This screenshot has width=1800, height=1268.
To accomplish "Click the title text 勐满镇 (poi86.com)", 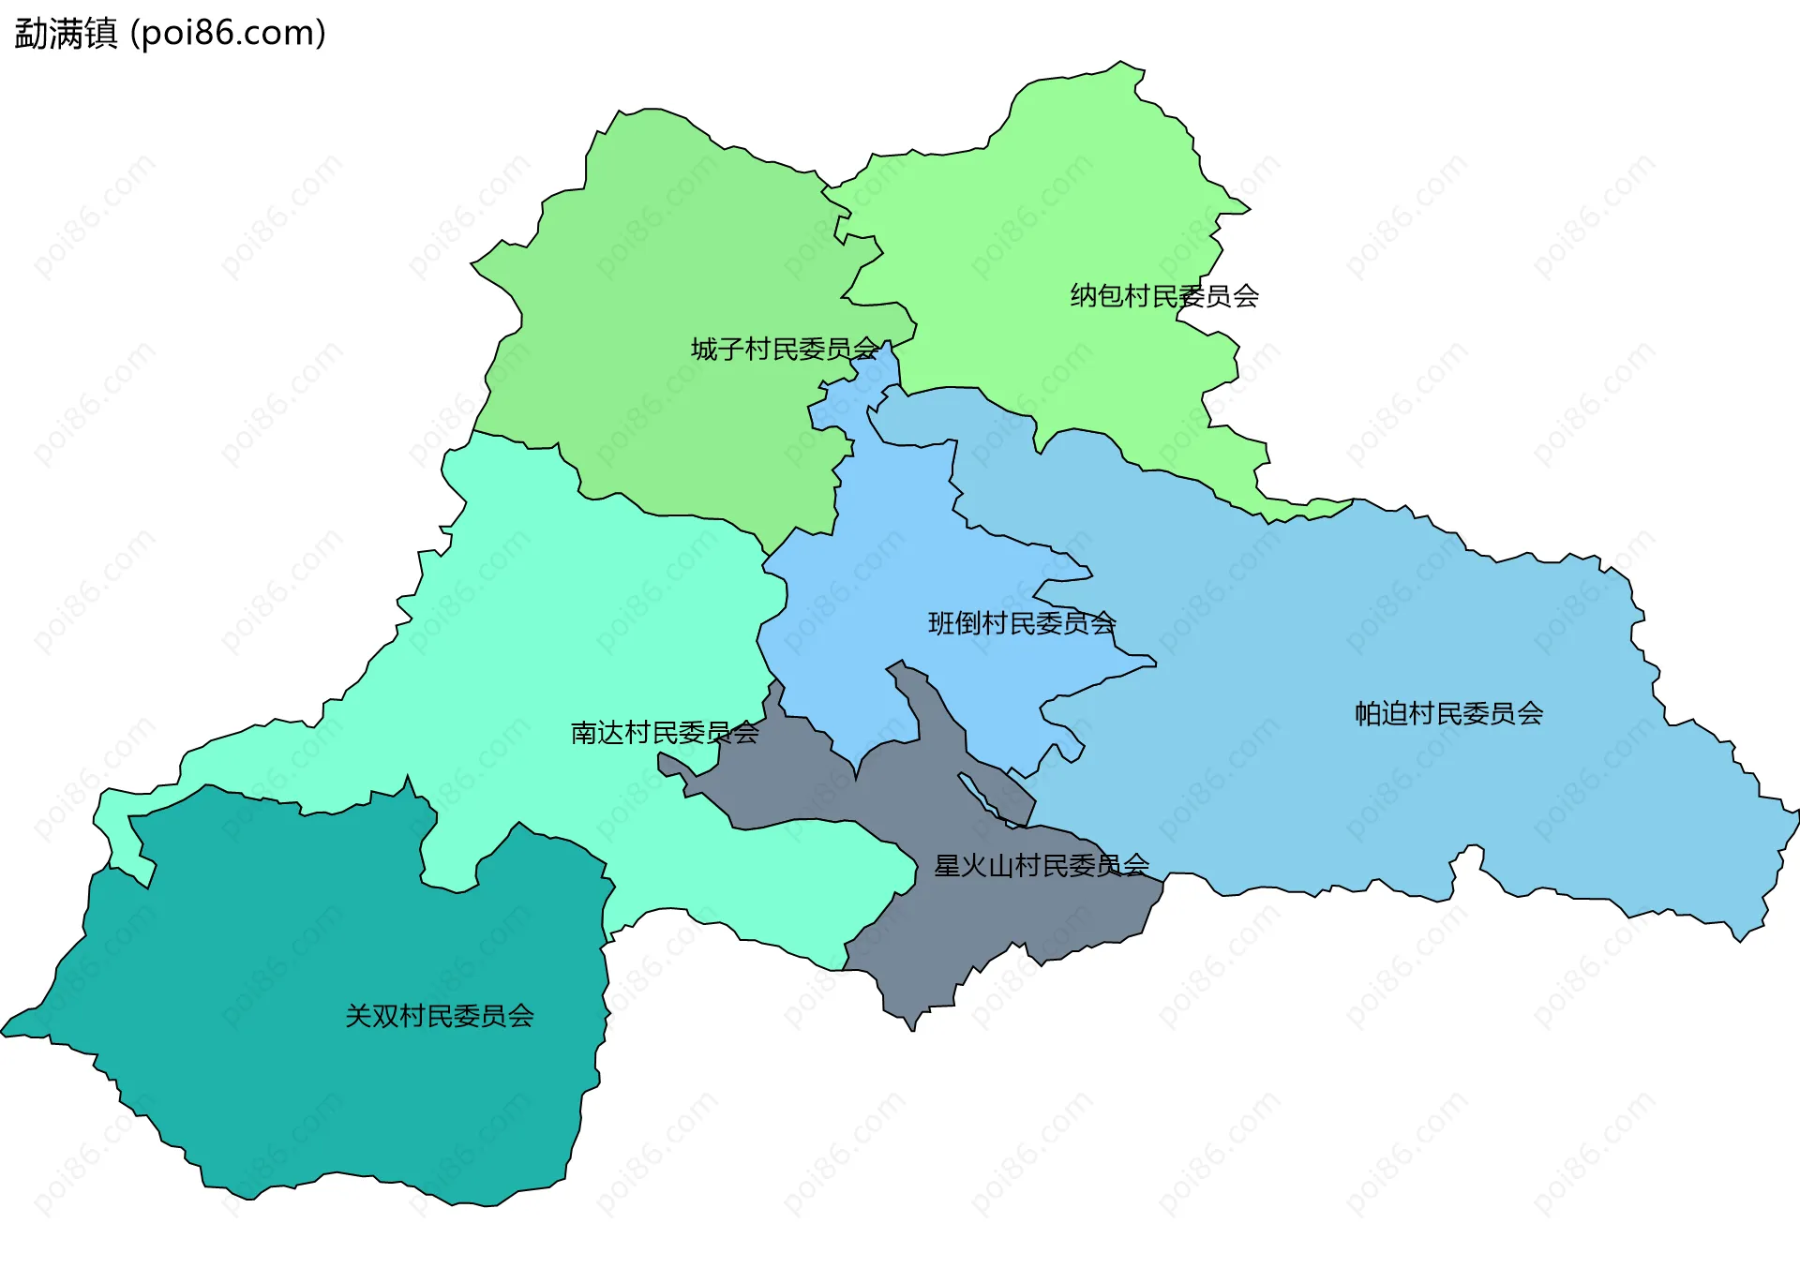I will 170,33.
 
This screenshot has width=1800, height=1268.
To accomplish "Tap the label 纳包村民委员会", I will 1164,296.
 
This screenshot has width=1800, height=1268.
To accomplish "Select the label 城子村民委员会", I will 785,350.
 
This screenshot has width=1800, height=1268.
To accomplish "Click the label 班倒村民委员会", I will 1022,623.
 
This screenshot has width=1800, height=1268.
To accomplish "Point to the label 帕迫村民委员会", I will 1448,714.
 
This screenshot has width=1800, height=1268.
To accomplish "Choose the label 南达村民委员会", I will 665,733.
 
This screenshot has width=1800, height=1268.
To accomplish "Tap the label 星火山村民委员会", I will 1042,866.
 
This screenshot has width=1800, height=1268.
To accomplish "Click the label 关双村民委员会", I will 440,1016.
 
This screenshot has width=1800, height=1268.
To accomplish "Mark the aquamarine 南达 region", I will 562,609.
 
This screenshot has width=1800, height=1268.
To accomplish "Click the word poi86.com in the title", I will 228,33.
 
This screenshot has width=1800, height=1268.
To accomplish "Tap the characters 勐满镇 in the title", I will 66,33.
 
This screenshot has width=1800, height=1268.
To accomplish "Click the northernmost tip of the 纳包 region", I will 1121,64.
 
